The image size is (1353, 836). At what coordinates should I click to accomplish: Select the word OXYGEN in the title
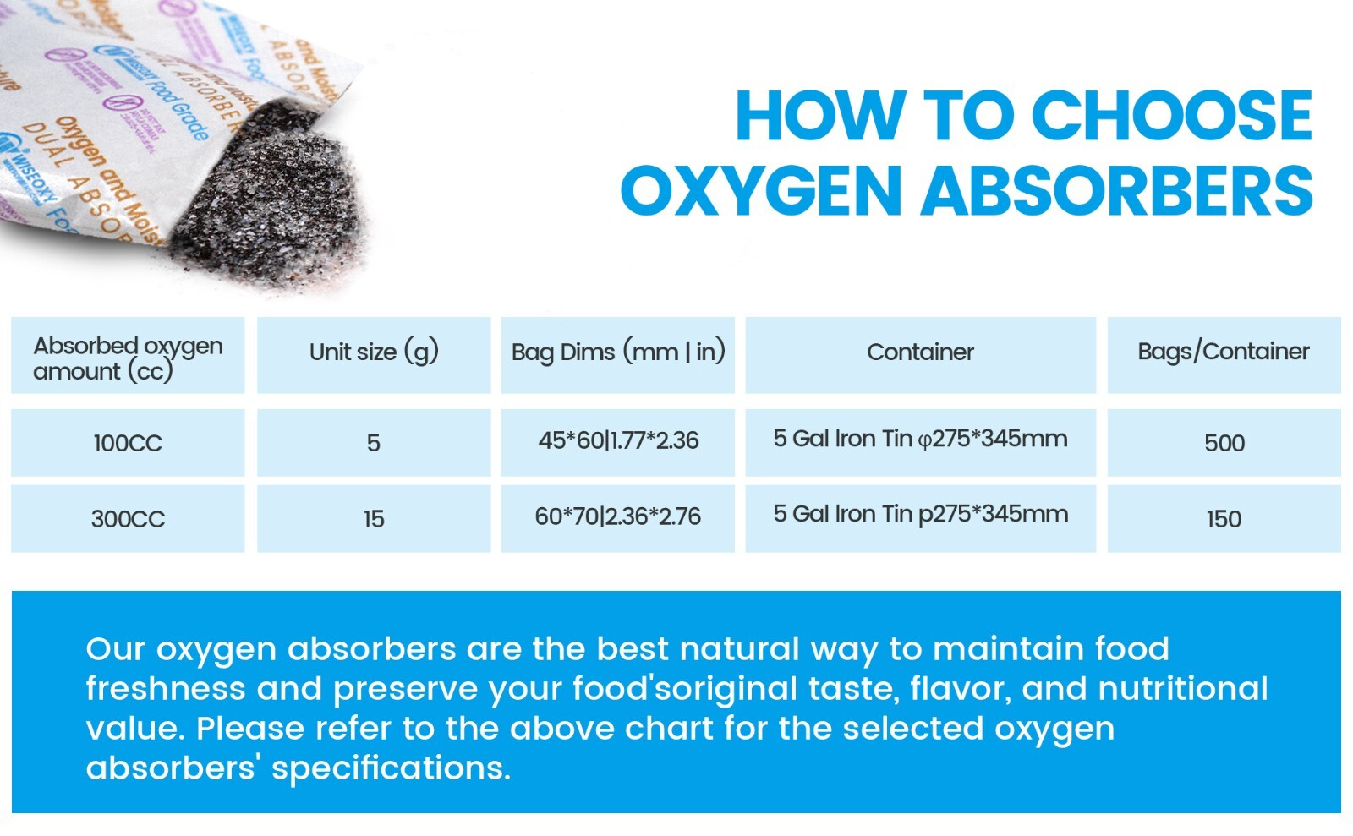(761, 191)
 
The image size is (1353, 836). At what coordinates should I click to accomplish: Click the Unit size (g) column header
(374, 352)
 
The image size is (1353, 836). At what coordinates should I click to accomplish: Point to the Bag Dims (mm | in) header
(618, 352)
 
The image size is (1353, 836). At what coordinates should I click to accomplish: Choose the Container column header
(920, 352)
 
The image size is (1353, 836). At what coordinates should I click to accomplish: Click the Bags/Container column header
(1223, 352)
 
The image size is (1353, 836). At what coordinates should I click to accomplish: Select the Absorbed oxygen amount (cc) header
(128, 358)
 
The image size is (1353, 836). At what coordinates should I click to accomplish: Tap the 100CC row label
(128, 443)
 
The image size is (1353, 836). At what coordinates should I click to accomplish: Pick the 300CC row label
(128, 519)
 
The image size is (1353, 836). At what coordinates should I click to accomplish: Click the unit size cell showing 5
(374, 443)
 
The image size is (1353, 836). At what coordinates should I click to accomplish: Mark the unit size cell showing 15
(374, 519)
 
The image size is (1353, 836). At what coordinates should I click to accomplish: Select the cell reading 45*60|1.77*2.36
(618, 440)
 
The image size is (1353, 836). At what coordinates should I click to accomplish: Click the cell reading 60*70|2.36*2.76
(618, 516)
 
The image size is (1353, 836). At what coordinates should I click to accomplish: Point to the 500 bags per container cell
(1224, 443)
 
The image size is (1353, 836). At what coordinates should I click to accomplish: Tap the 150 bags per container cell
(1224, 519)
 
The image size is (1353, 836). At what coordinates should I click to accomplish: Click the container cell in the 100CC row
(920, 439)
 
